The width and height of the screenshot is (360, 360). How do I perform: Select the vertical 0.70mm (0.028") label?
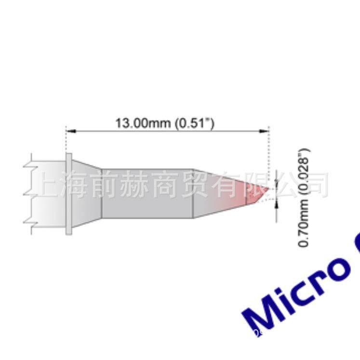point(304,197)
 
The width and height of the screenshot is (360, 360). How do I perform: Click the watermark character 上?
point(48,185)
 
